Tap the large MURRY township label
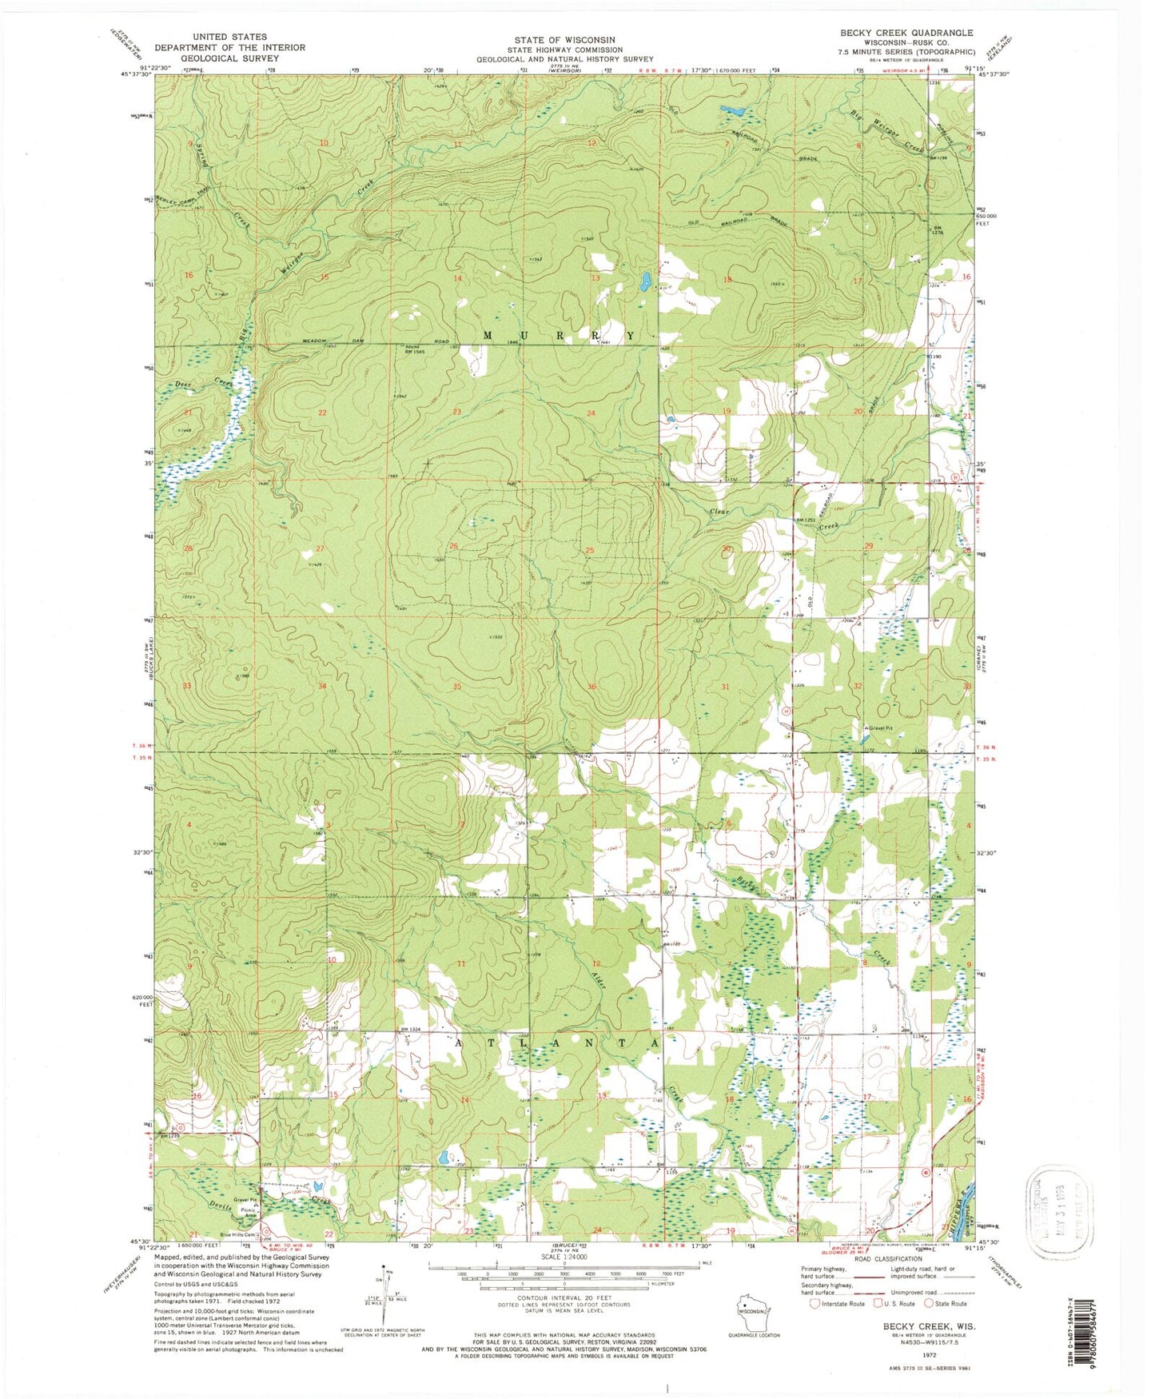pyautogui.click(x=559, y=336)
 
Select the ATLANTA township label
pyautogui.click(x=558, y=1043)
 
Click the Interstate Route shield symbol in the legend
pyautogui.click(x=814, y=1304)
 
